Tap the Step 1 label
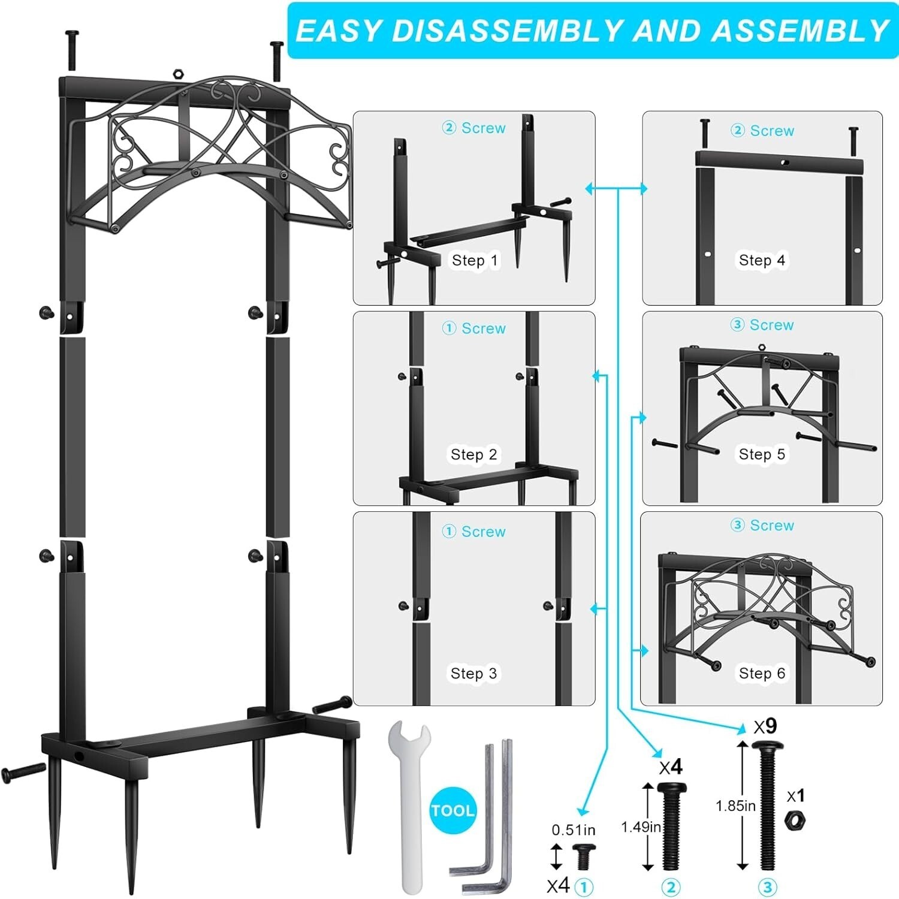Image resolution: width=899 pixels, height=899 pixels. pos(475,260)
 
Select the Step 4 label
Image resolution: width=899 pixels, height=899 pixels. pos(762,260)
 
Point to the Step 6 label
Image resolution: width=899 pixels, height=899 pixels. pos(762,673)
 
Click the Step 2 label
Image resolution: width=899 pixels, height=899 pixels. pos(474,454)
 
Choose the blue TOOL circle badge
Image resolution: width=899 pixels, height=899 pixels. pos(452,810)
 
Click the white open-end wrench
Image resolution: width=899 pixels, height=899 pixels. pos(409,803)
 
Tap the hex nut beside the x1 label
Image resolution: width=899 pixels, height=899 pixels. pos(795,820)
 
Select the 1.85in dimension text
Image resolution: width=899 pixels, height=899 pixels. pos(735,806)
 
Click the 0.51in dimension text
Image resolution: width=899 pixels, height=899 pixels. pos(574,830)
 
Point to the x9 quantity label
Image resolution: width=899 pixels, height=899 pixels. pos(765,726)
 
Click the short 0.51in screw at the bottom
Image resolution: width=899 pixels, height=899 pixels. pos(583,856)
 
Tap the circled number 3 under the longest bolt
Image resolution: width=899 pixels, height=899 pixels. pos(768,886)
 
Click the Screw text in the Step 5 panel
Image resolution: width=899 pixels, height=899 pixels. pos(771,325)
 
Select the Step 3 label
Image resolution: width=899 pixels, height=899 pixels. pos(474,673)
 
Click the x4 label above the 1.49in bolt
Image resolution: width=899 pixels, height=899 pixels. pos(671,767)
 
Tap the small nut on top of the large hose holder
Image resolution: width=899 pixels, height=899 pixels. pos(177,74)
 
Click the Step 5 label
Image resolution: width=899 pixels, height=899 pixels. pos(762,454)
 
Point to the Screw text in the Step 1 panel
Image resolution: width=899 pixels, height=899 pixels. pos(483,128)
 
